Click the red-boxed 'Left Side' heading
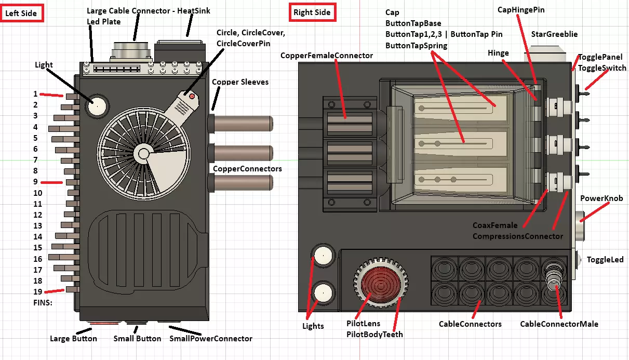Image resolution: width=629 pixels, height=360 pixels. [x=21, y=13]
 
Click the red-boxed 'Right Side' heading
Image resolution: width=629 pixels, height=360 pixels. [x=312, y=12]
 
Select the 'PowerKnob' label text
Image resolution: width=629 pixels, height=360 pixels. [x=601, y=198]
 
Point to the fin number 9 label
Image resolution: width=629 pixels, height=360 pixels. [x=35, y=182]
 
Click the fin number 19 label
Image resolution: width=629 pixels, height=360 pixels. [x=37, y=291]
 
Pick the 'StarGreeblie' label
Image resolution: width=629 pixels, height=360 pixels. [x=554, y=35]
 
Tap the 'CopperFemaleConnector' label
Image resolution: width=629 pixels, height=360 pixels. [x=327, y=56]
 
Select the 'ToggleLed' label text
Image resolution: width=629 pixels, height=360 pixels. [x=605, y=260]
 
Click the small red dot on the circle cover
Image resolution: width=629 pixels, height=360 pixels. [x=192, y=96]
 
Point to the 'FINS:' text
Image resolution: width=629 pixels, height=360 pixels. [x=43, y=302]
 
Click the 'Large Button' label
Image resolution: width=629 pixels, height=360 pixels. [x=73, y=339]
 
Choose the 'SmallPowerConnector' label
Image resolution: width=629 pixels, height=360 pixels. [x=211, y=339]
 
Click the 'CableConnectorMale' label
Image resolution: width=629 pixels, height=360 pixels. [x=559, y=324]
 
